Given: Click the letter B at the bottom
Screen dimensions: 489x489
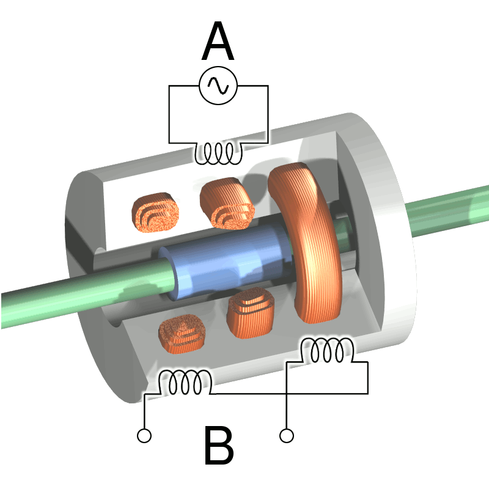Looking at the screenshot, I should coord(218,447).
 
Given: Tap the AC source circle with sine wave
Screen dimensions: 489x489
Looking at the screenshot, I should coord(218,86).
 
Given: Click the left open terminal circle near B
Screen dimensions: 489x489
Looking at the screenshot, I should coord(144,435).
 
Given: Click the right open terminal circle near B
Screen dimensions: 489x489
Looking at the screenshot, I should coord(286,435).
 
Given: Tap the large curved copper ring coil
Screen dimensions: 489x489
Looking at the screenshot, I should coord(312,244).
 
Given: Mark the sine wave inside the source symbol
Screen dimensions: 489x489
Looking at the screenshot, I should coord(218,86).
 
